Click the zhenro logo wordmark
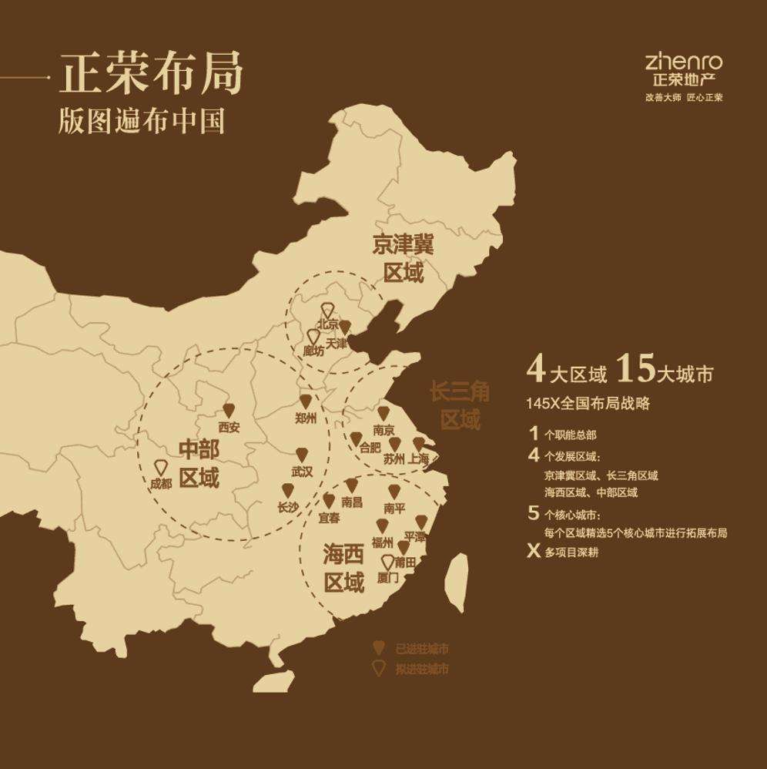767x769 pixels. coord(684,62)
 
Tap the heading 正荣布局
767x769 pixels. coord(152,75)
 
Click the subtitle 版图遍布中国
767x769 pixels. coord(142,122)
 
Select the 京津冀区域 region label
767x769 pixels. coord(403,259)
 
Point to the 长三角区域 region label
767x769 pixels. coord(460,406)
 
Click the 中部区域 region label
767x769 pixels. coord(199,464)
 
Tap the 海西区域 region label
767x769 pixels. coord(343,568)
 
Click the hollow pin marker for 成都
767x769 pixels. coord(160,468)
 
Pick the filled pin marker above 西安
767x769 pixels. coord(228,411)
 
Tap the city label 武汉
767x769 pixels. coord(302,472)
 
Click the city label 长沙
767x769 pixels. coord(287,507)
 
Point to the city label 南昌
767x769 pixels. coord(351,502)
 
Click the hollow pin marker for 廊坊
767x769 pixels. coord(313,337)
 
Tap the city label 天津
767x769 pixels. coord(337,343)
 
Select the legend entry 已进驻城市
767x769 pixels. coord(421,649)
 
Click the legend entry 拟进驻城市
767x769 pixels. coord(421,669)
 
